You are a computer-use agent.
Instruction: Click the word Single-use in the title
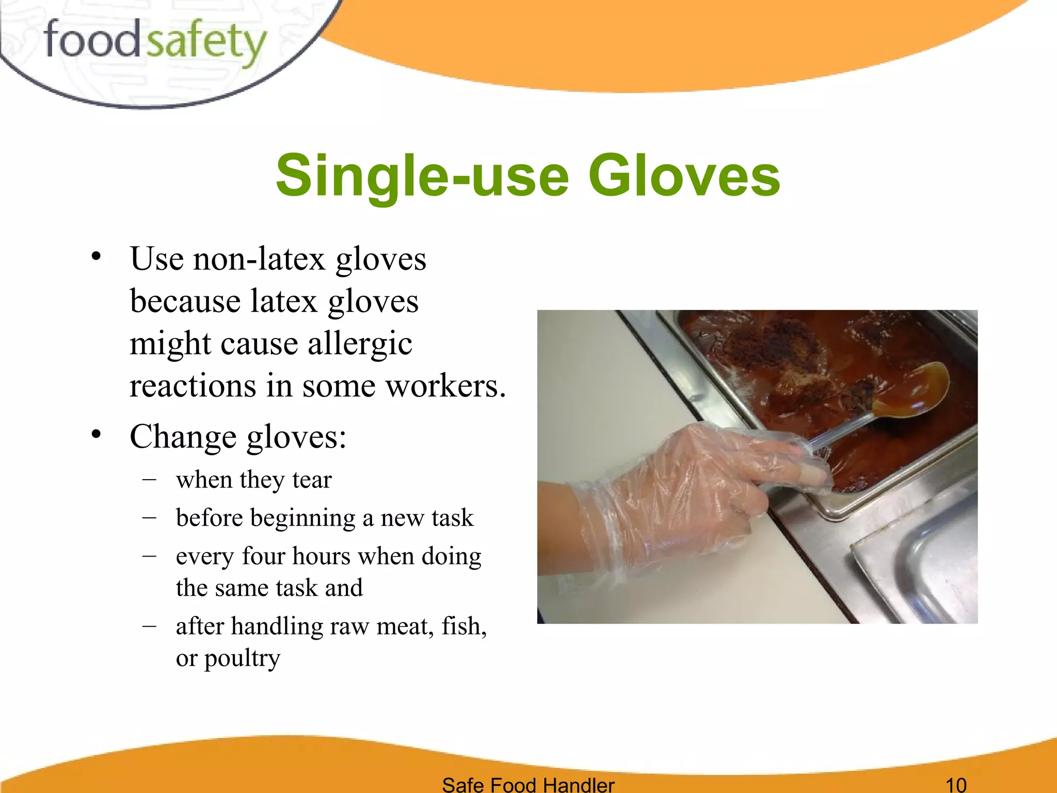(x=422, y=176)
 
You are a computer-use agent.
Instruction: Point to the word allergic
(x=360, y=344)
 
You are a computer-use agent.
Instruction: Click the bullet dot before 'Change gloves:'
(x=96, y=435)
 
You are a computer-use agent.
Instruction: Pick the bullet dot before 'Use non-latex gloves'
(x=96, y=256)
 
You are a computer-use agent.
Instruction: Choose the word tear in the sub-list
(x=312, y=480)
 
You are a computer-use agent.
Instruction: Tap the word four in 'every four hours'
(x=263, y=557)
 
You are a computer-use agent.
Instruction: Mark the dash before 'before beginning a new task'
(x=149, y=517)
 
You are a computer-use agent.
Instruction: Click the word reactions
(x=193, y=386)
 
